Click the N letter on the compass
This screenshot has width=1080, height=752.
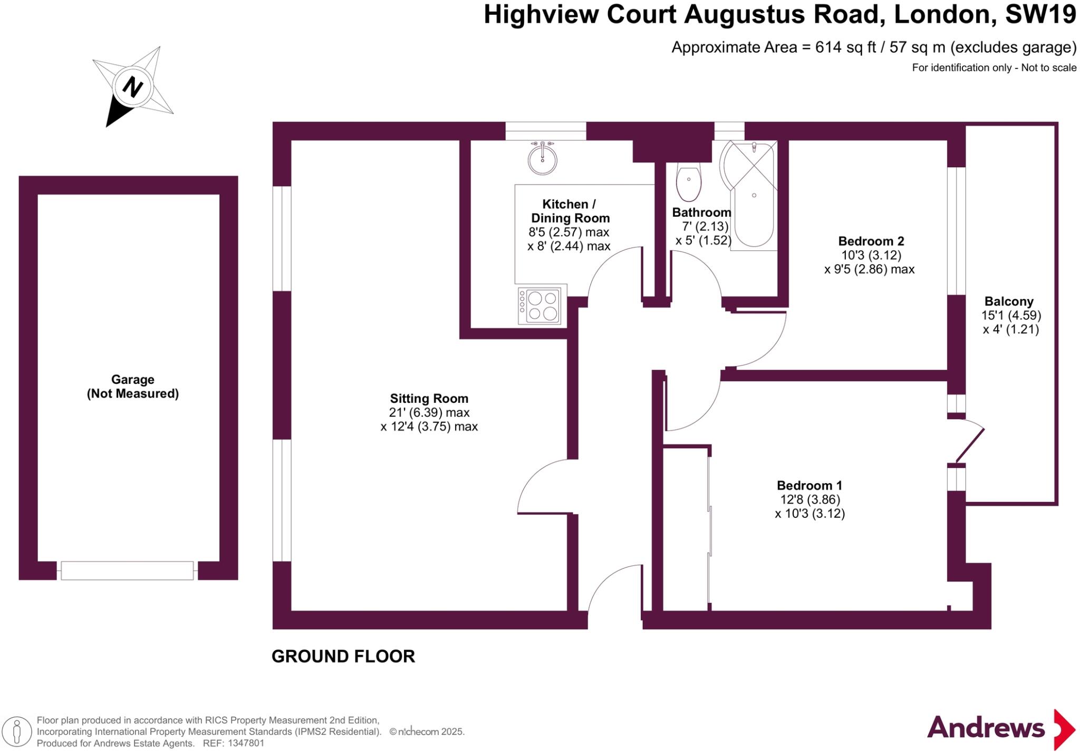click(x=133, y=86)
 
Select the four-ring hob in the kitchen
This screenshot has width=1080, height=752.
click(x=539, y=306)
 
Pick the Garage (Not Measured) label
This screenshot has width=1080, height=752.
click(x=132, y=387)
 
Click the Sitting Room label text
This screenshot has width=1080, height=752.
click(x=429, y=399)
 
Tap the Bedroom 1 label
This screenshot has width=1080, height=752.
click(x=809, y=485)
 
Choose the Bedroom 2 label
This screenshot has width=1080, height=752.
click(x=871, y=241)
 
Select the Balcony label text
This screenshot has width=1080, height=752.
click(x=1009, y=302)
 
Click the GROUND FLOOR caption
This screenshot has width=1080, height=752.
click(x=343, y=657)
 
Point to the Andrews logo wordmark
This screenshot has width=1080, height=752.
click(x=986, y=728)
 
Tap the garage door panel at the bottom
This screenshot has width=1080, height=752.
click(x=127, y=571)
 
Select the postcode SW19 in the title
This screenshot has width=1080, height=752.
click(x=1040, y=14)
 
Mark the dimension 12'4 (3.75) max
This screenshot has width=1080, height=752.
click(x=429, y=427)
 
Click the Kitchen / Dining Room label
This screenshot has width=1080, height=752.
click(x=570, y=211)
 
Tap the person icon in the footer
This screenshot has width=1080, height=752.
click(x=17, y=732)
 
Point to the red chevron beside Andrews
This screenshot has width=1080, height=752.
click(x=1064, y=730)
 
